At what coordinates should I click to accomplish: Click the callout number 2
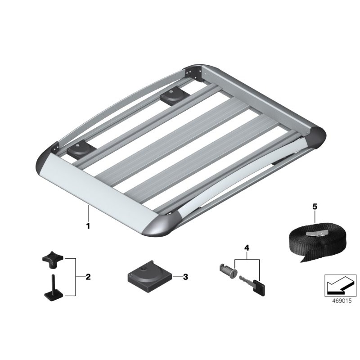[88, 277]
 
